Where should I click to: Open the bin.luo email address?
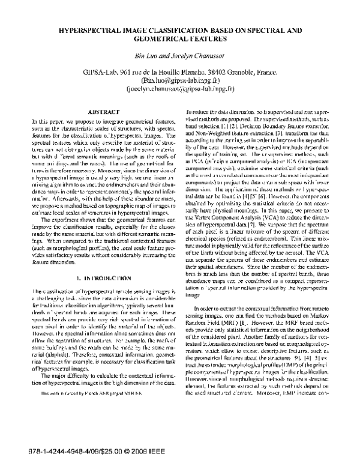(x=180, y=79)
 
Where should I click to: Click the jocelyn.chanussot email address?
(x=180, y=88)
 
